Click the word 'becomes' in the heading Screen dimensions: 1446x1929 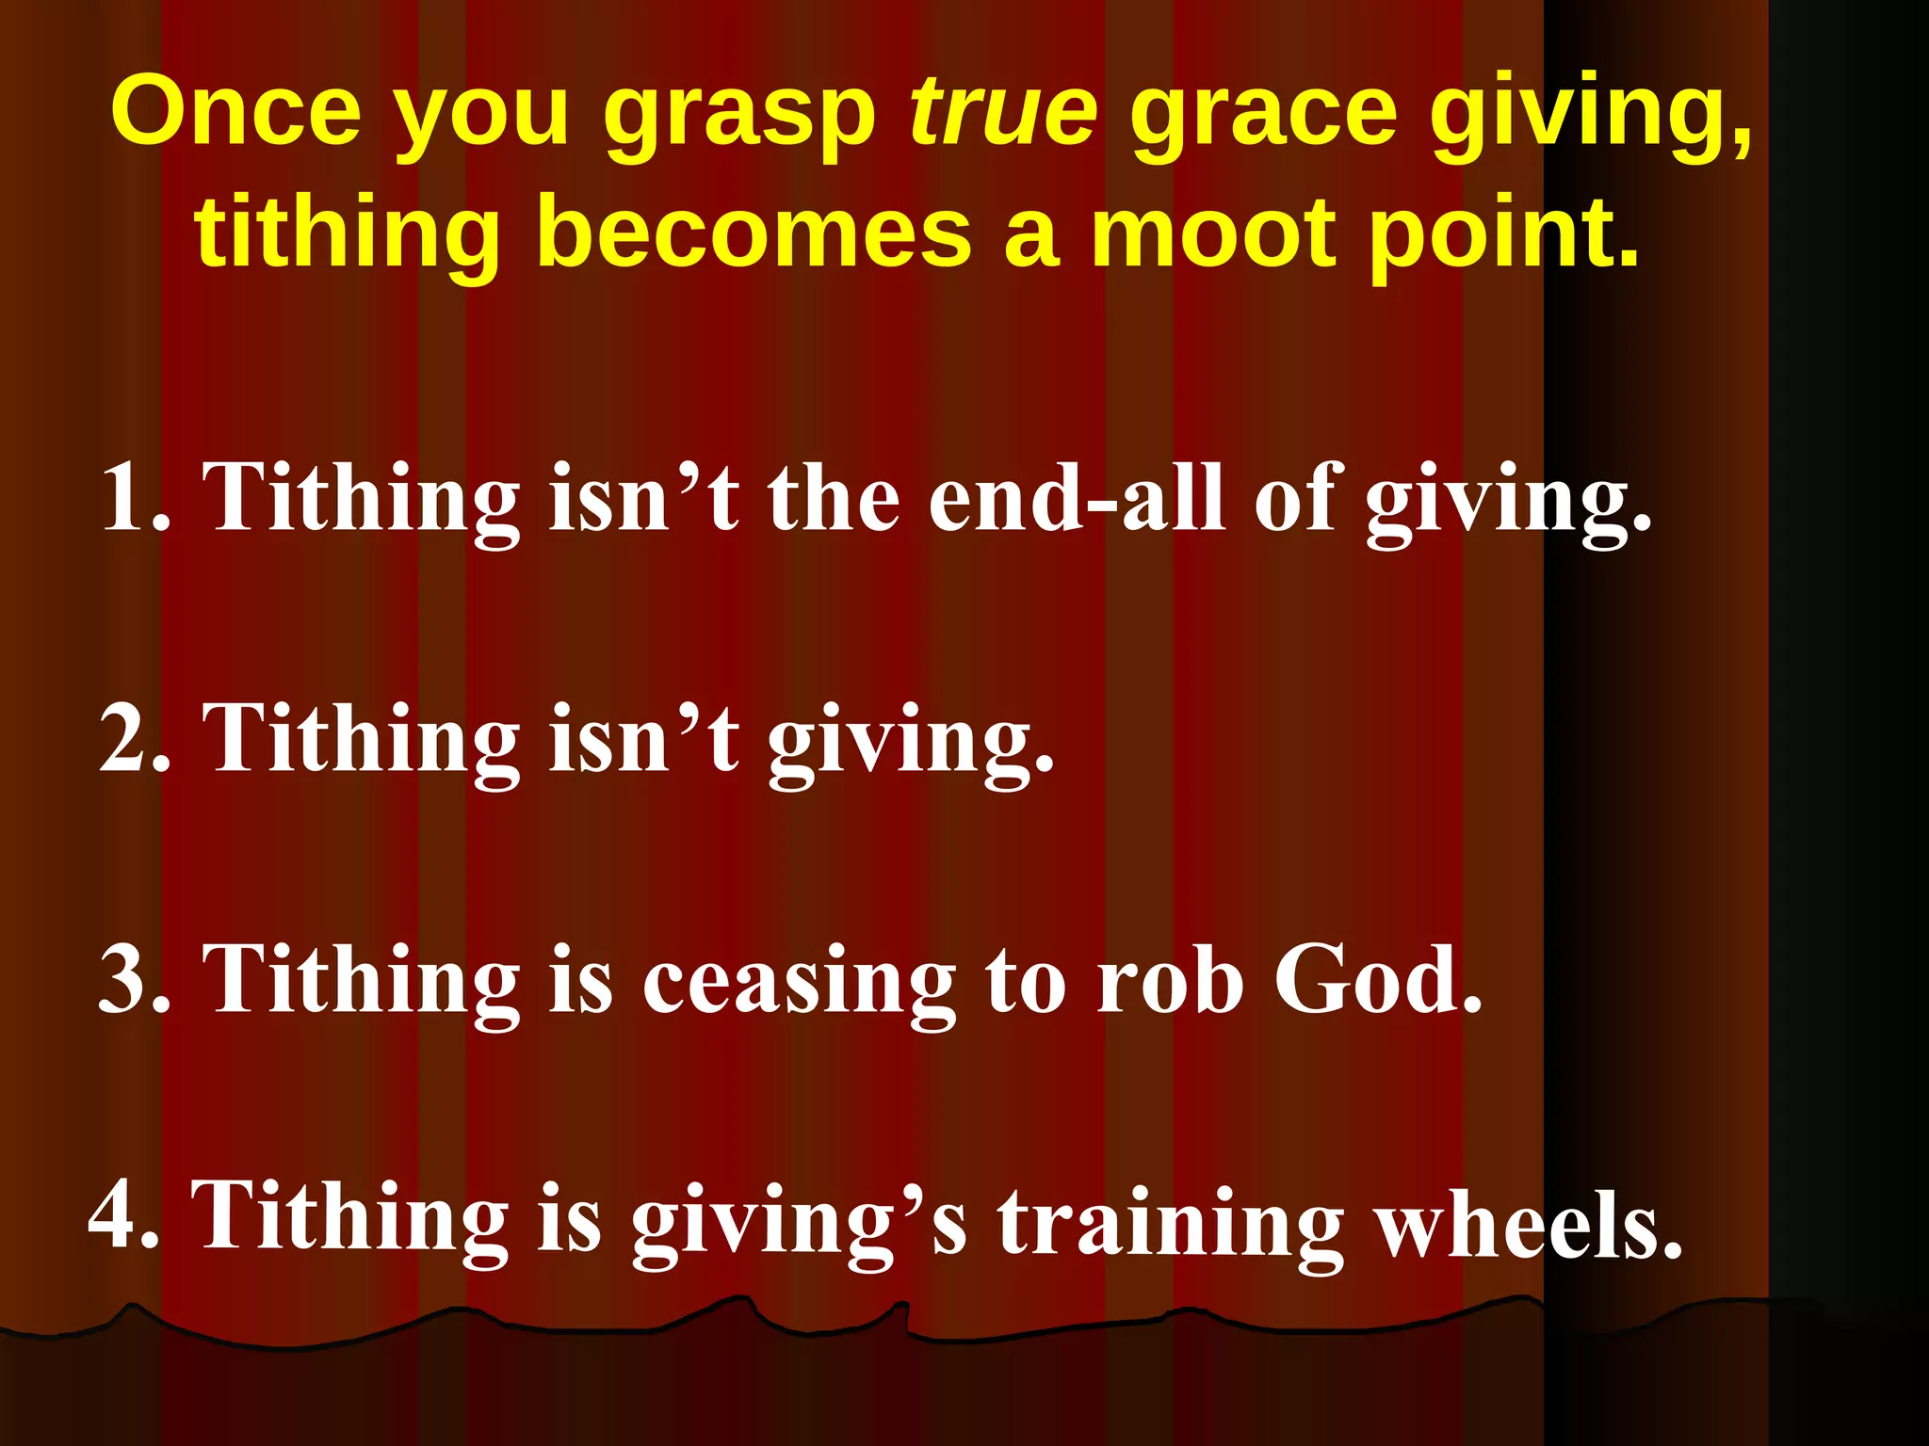754,233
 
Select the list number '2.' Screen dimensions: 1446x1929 137,738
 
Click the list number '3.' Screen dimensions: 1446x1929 137,979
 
